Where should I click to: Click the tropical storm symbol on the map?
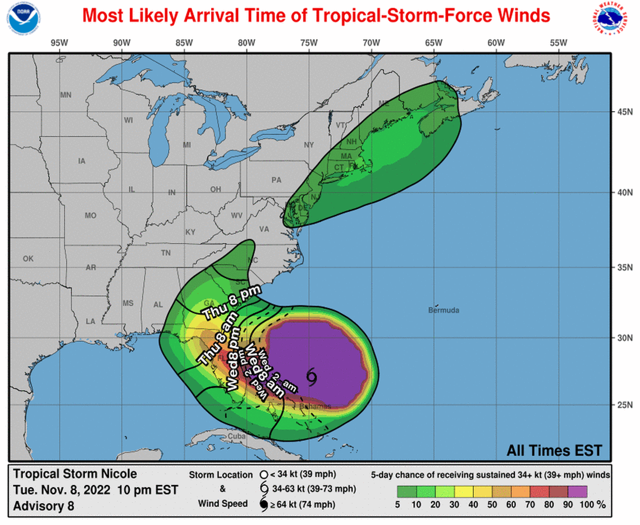click(x=312, y=377)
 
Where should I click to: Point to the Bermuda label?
click(x=444, y=310)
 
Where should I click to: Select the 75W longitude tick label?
click(x=308, y=42)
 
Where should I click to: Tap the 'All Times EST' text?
click(x=554, y=450)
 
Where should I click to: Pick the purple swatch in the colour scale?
click(x=577, y=492)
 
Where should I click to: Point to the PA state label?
click(x=276, y=180)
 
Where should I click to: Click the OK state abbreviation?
click(x=28, y=259)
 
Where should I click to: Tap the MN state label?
click(x=66, y=95)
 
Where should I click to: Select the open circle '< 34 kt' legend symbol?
click(x=263, y=474)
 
